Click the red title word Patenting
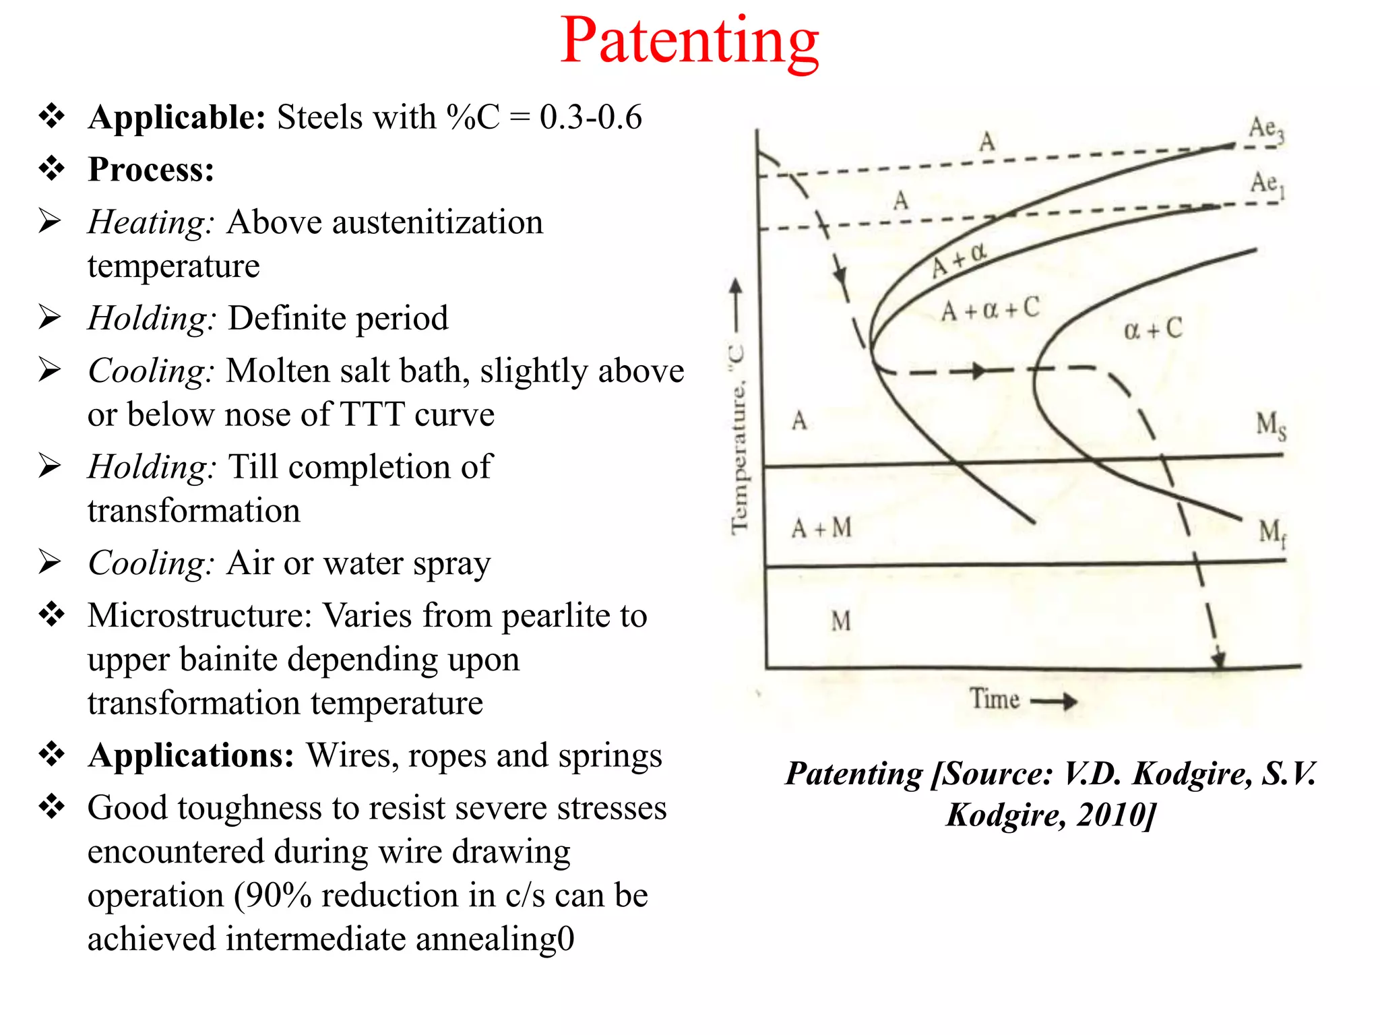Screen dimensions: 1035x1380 point(689,42)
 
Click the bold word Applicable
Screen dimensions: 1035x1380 point(177,117)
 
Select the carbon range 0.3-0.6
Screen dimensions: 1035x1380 point(590,117)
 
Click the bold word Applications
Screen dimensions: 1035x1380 point(191,755)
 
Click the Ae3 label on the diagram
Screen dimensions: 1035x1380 point(1266,129)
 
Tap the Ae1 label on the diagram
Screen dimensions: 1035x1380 point(1267,183)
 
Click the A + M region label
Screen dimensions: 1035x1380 point(821,528)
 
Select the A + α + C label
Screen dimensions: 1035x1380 point(990,310)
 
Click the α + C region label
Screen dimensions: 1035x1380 point(1153,330)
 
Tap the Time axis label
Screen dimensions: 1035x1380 point(994,699)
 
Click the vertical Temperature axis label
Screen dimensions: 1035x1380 point(739,438)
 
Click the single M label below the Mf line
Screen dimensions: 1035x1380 point(840,621)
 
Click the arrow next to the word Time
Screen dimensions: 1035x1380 point(1055,701)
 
